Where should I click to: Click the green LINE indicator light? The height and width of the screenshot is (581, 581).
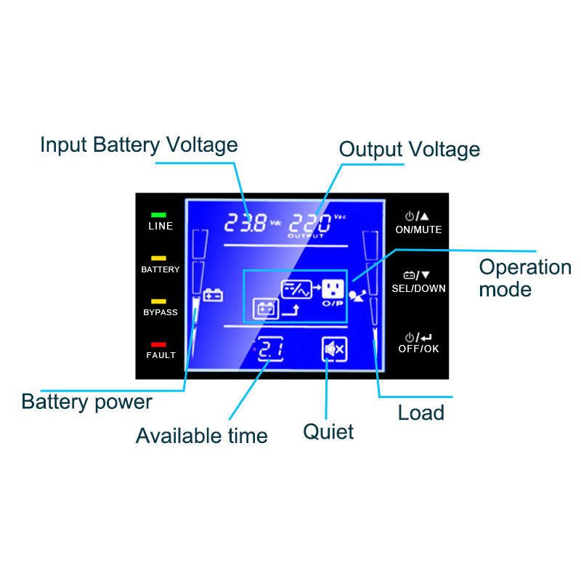[x=158, y=215]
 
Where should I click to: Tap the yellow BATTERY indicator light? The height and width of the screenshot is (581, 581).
[x=158, y=258]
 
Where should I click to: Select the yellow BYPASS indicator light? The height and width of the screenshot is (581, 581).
[x=158, y=301]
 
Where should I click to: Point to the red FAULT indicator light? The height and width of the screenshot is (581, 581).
[x=158, y=344]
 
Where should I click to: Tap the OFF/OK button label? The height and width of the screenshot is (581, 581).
[x=418, y=349]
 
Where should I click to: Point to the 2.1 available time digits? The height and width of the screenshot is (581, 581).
[x=270, y=350]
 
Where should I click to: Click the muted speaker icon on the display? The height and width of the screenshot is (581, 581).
[x=335, y=350]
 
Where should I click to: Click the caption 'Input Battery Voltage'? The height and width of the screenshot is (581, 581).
[x=139, y=145]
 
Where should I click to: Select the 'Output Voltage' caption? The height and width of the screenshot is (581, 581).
[x=410, y=150]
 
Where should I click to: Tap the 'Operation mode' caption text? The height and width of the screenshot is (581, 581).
[x=524, y=277]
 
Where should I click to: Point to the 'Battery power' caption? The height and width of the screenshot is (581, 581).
[x=86, y=402]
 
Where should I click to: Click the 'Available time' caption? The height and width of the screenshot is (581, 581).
[x=201, y=436]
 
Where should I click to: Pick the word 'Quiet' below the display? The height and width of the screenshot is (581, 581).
[x=328, y=431]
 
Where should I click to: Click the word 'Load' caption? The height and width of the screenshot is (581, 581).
[x=420, y=413]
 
